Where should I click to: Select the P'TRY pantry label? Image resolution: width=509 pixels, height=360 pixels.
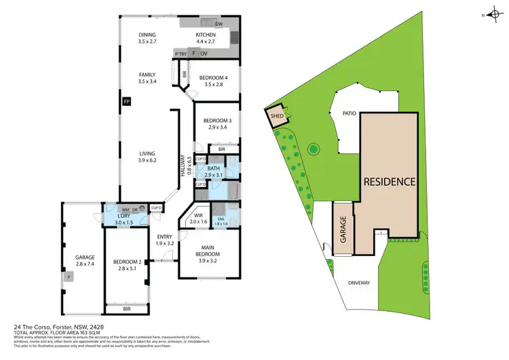point(181,53)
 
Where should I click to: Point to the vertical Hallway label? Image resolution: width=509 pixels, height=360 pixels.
point(183,167)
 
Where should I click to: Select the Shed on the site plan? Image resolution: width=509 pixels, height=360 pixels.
point(276,115)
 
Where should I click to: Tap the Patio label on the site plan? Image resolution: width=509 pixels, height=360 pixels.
point(349,114)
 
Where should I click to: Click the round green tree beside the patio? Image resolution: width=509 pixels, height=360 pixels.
point(313,148)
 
